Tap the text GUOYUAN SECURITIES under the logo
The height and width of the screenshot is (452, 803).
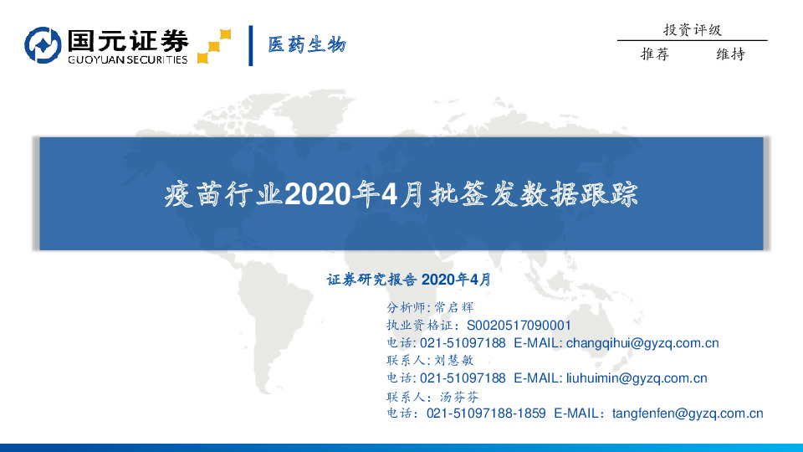pos(127,59)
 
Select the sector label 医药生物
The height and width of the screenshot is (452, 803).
pos(306,45)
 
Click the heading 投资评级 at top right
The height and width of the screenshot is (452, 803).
pos(692,30)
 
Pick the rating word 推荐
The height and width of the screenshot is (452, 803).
pos(655,54)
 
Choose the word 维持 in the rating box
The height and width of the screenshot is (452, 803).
pos(730,54)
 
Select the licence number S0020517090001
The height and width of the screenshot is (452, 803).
pos(519,325)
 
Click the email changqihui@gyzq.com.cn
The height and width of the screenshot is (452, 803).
pos(642,342)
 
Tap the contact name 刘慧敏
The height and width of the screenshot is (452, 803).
pos(455,360)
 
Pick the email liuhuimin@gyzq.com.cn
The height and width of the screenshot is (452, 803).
pos(636,378)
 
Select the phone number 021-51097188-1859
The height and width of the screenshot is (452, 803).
pos(486,413)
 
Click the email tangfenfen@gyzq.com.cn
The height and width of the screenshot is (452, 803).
pos(687,413)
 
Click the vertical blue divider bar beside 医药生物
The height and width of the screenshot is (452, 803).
pos(251,45)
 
